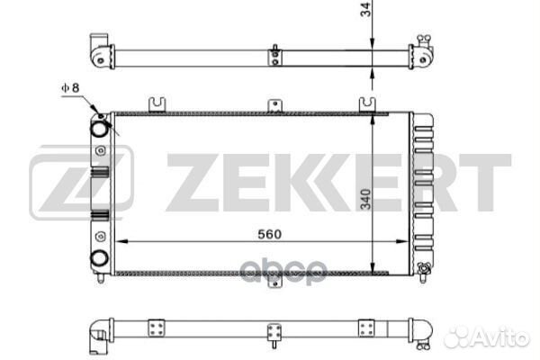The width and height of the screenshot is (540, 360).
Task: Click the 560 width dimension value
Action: [270, 234]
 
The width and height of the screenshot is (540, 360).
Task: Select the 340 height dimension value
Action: [365, 199]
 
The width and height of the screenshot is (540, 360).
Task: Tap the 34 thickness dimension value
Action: [365, 9]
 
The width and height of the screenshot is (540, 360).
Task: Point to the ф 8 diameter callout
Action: [70, 88]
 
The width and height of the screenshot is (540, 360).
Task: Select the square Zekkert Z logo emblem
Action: [81, 183]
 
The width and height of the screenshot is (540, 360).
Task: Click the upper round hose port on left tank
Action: [99, 129]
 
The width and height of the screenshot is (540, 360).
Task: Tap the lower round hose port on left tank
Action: [99, 258]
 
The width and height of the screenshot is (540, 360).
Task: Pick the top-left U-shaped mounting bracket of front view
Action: [157, 104]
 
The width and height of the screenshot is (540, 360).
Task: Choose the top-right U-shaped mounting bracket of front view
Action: [367, 104]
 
